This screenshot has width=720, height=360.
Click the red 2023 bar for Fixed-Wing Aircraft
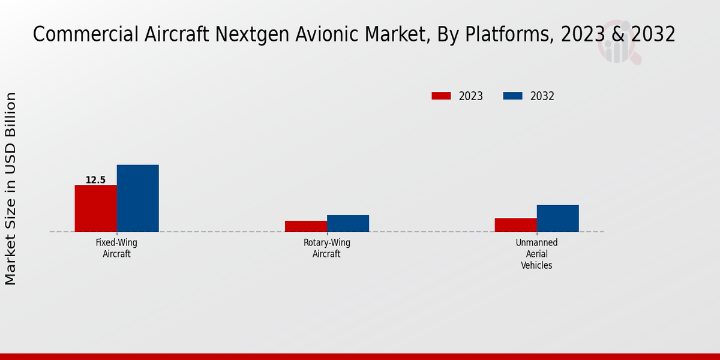click(x=96, y=208)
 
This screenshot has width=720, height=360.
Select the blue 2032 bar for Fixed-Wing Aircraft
click(x=138, y=198)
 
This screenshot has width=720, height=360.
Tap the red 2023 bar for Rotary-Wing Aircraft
click(x=306, y=226)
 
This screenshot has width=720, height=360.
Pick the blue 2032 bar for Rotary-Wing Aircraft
click(x=348, y=223)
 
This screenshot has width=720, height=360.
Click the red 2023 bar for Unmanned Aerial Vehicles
click(x=516, y=225)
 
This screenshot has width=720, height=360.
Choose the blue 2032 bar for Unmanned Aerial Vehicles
click(x=558, y=218)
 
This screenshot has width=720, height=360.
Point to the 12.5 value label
click(x=95, y=180)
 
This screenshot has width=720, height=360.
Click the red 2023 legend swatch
click(x=441, y=96)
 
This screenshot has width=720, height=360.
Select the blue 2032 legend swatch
click(x=512, y=96)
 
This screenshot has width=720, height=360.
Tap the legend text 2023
click(x=471, y=96)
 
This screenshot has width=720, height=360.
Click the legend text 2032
click(x=542, y=96)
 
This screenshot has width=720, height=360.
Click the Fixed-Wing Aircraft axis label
click(x=116, y=248)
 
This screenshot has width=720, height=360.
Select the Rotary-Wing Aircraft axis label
click(x=326, y=248)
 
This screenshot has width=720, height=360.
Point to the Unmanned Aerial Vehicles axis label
click(x=536, y=254)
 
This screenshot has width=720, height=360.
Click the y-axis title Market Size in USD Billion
click(x=11, y=188)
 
